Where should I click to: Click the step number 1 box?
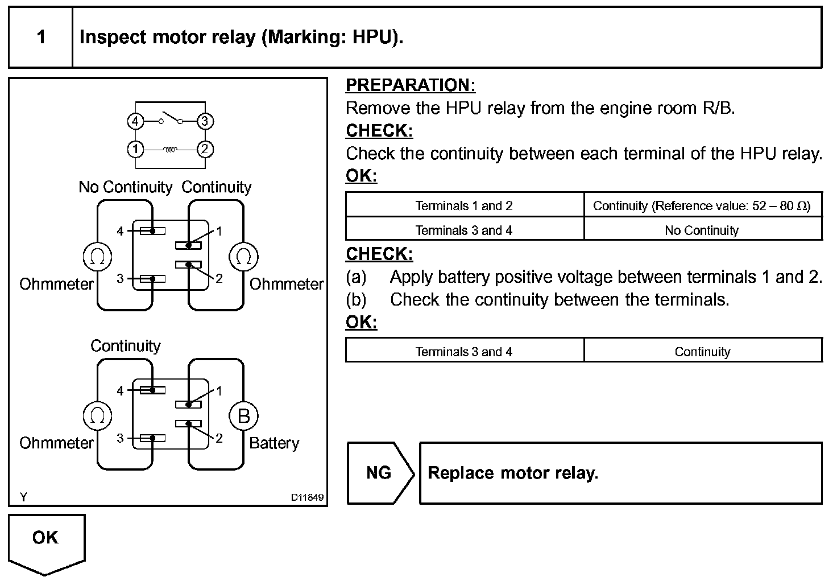[41, 38]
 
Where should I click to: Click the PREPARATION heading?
[410, 85]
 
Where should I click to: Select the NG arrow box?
[380, 473]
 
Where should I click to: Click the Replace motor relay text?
[513, 473]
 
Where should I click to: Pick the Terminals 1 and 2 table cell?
[464, 205]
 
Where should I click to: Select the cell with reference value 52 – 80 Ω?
[702, 205]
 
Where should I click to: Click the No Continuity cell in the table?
[702, 230]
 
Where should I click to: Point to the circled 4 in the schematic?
[135, 121]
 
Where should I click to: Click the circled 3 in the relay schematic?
[205, 121]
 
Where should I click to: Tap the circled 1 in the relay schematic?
[135, 149]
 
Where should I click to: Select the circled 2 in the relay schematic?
[205, 149]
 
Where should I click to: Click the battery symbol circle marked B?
[243, 416]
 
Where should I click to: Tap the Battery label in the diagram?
[274, 443]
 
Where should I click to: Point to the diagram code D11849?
[307, 497]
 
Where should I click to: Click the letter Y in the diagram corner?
[23, 497]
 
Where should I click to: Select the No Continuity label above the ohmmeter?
[125, 187]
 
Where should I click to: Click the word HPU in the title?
[372, 38]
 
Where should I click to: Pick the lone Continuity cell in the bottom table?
[702, 352]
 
